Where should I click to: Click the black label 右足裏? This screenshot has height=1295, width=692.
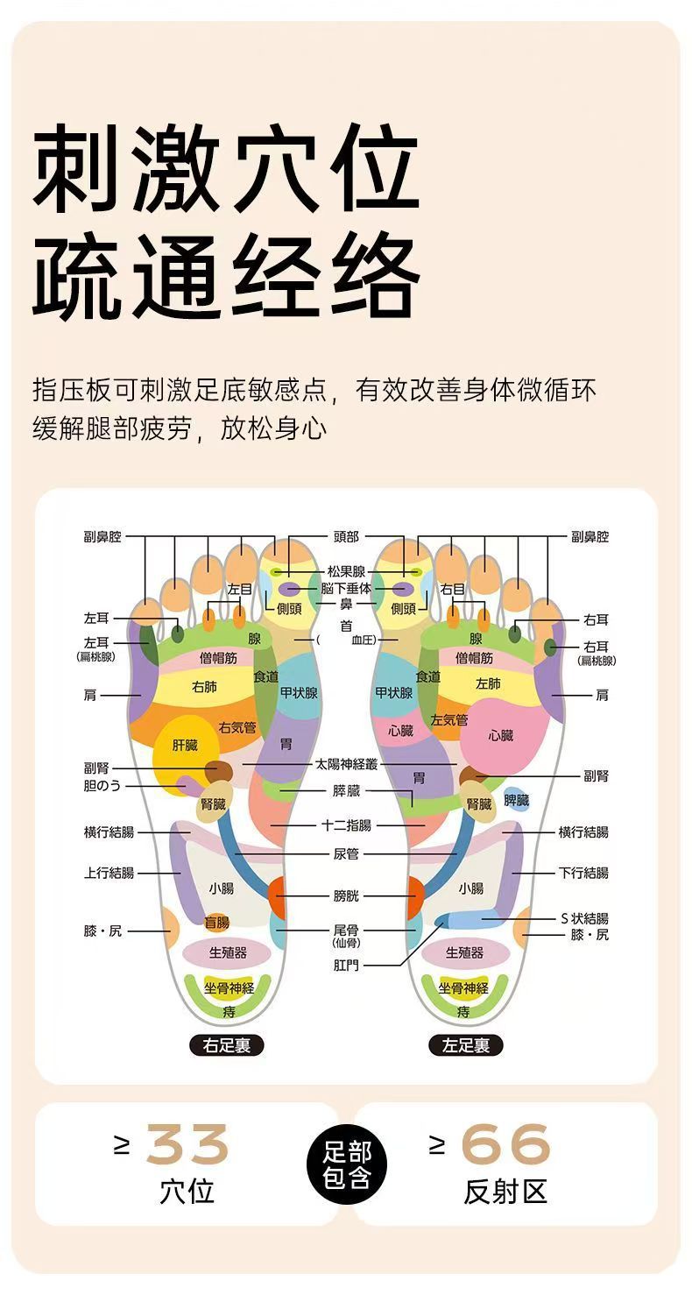(x=226, y=1044)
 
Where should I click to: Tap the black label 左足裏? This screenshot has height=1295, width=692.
(x=465, y=1044)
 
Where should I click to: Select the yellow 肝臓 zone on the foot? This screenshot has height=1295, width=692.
(x=185, y=747)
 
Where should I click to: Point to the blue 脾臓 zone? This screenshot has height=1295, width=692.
(x=517, y=800)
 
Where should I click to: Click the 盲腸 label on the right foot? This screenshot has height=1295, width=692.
(x=216, y=922)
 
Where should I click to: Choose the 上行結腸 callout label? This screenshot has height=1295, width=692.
(x=109, y=873)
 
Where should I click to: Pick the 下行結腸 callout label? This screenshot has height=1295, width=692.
(x=583, y=873)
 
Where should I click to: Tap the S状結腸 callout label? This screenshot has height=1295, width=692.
(x=584, y=918)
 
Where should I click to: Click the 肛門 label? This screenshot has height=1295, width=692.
(x=346, y=965)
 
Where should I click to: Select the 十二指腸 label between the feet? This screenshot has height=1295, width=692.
(x=346, y=825)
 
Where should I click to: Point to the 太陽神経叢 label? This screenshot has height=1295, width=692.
(x=346, y=765)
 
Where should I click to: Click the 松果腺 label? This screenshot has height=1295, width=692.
(x=346, y=571)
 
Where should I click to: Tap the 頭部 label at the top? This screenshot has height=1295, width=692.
(x=346, y=536)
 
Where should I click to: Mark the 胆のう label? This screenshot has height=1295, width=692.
(x=102, y=786)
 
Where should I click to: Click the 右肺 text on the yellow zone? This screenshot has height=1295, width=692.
(x=204, y=687)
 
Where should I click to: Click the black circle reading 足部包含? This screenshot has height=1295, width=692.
(x=347, y=1164)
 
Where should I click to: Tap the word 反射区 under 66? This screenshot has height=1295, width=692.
(x=505, y=1191)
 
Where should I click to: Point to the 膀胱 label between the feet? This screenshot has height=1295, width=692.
(x=346, y=895)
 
